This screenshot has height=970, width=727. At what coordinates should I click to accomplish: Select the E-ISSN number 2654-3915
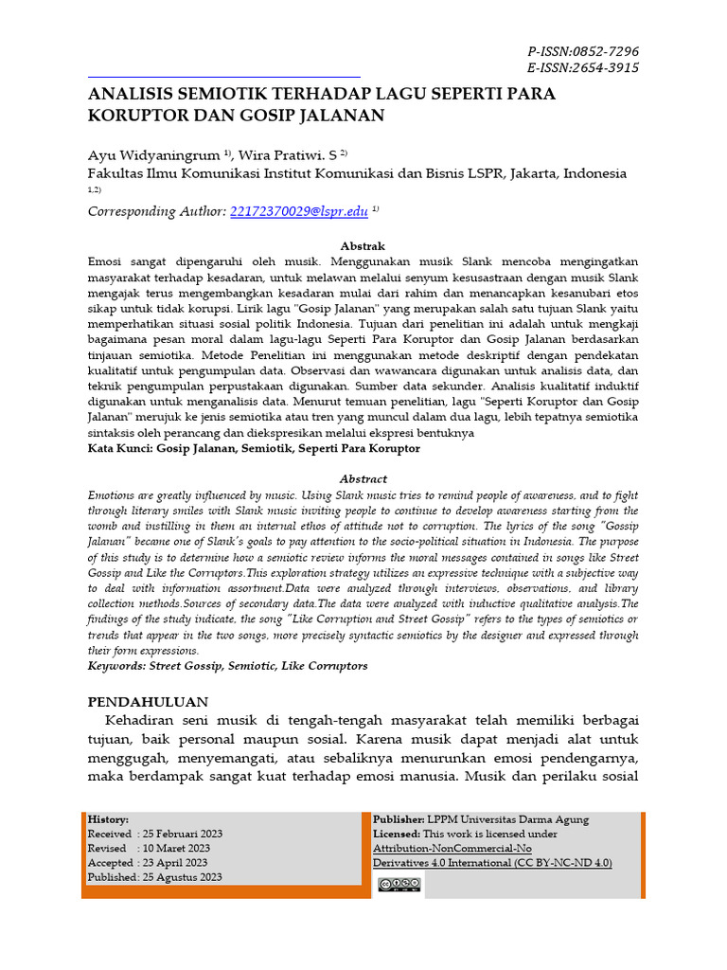point(605,67)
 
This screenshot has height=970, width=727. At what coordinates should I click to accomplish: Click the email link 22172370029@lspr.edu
point(299,211)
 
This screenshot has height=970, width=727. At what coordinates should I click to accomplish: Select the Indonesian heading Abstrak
point(363,245)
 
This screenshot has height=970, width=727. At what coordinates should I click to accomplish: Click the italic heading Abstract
point(363,479)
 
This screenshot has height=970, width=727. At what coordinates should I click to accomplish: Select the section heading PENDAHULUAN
point(148,702)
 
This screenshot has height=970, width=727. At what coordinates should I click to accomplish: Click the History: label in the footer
point(109,819)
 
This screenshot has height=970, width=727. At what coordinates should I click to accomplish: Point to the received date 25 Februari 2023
point(183,834)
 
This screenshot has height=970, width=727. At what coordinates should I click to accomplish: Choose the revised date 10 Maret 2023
point(175,848)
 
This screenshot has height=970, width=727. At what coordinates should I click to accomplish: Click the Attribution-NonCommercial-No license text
point(452,848)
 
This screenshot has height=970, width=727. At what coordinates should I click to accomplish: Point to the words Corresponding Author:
point(157,211)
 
